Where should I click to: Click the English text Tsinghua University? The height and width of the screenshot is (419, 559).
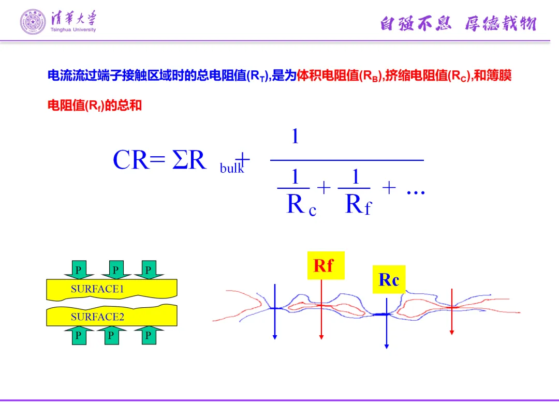(x=73, y=30)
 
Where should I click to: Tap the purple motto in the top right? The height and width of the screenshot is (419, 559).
(x=458, y=23)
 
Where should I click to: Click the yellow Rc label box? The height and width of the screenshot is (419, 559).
(x=389, y=280)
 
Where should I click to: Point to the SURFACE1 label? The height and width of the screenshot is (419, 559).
(x=97, y=289)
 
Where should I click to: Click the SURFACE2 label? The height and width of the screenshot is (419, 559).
(x=97, y=317)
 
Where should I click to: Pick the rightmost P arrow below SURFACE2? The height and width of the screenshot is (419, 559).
(x=148, y=335)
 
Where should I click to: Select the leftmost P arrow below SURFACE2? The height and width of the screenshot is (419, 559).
(x=79, y=335)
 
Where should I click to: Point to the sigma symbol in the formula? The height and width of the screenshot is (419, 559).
(x=180, y=160)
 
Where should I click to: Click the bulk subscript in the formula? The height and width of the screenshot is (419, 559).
(x=231, y=168)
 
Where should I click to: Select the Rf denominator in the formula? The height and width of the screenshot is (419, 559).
(x=358, y=205)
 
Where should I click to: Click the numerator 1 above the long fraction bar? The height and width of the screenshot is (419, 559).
(x=295, y=137)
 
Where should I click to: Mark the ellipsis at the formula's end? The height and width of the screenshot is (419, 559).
(x=416, y=191)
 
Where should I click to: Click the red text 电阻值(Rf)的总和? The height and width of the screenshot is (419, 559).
(x=95, y=106)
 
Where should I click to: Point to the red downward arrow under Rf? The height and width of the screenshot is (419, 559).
(x=321, y=310)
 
